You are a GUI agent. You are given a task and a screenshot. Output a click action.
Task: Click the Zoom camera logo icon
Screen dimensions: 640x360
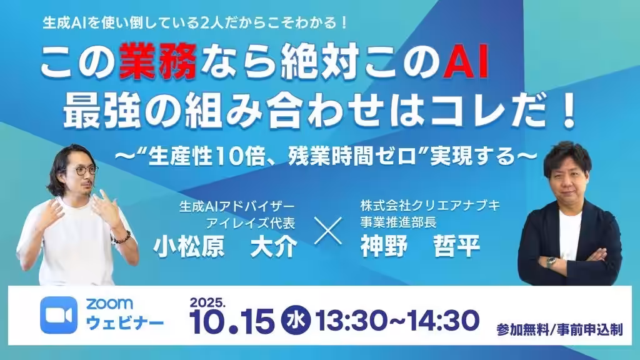59,315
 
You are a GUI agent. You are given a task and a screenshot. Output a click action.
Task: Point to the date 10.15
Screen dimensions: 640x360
232,321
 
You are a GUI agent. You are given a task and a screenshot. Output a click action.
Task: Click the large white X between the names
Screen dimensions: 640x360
329,231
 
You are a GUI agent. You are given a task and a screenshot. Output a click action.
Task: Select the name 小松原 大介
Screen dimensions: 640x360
225,247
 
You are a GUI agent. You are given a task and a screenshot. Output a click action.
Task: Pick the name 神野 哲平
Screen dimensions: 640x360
420,246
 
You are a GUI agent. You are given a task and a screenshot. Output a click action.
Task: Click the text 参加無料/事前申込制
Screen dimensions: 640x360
559,329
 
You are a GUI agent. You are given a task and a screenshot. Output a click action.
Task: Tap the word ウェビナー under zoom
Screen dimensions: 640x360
125,323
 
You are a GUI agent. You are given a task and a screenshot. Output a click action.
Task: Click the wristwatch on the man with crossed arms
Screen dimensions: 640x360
551,262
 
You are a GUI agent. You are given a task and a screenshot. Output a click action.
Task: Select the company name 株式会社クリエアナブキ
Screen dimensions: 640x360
430,205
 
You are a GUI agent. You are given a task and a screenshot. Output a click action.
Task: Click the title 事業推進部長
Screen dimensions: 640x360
398,222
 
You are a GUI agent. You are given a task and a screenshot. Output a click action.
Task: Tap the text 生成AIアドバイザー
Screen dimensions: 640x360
237,206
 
